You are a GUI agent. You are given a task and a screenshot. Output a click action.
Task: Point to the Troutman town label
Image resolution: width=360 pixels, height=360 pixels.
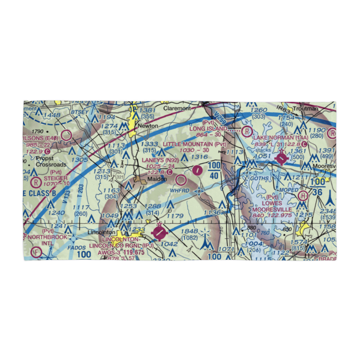coord(306,108)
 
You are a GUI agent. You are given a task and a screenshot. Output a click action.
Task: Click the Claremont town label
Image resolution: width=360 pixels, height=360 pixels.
coord(177,108)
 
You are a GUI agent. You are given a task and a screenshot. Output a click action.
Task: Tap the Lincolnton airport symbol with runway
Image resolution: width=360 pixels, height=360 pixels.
coord(158,233)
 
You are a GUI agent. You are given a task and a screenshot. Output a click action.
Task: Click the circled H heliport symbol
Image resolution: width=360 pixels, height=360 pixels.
coord(303,196)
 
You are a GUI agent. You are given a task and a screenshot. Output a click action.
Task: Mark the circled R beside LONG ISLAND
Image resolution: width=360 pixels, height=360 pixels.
coord(247,131)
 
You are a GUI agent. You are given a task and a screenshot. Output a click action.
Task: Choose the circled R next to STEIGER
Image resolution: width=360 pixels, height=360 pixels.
coord(36,182)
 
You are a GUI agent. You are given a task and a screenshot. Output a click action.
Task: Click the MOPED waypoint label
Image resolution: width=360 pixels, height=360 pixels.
coord(289,190)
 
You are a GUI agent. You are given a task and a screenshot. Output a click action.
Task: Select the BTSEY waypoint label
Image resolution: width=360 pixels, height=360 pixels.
coord(80,112)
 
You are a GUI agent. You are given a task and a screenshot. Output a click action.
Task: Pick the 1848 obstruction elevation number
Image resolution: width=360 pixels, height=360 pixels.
coord(189,231)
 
